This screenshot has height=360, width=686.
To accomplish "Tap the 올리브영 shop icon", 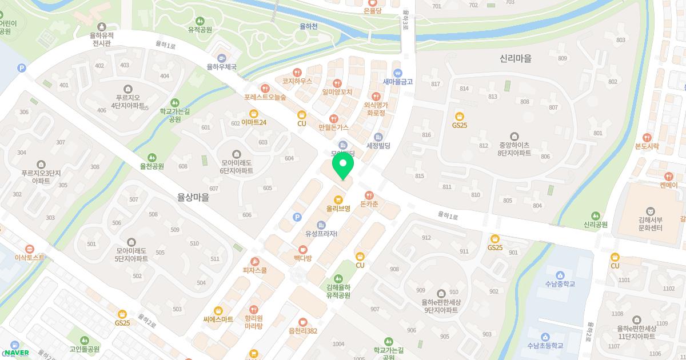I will (x=338, y=199).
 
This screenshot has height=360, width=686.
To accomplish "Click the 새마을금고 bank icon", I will (x=398, y=73).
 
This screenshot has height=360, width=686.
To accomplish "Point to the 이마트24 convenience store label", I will (x=254, y=122).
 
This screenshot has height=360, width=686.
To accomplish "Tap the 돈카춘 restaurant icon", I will (x=369, y=195).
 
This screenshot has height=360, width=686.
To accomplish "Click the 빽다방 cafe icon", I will (x=302, y=249).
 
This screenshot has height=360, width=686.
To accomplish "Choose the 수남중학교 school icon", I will (x=560, y=275).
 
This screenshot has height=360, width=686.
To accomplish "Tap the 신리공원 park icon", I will (x=596, y=216).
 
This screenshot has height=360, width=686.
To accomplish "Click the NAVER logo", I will (x=16, y=353).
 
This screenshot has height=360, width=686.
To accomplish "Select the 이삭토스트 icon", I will (x=29, y=249).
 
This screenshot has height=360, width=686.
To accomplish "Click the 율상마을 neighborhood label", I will (x=193, y=198).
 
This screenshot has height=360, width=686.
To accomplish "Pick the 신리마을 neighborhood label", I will (x=515, y=58).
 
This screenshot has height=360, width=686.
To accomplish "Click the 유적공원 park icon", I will (x=200, y=20).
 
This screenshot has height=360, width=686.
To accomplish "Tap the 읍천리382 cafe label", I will (x=303, y=331).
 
